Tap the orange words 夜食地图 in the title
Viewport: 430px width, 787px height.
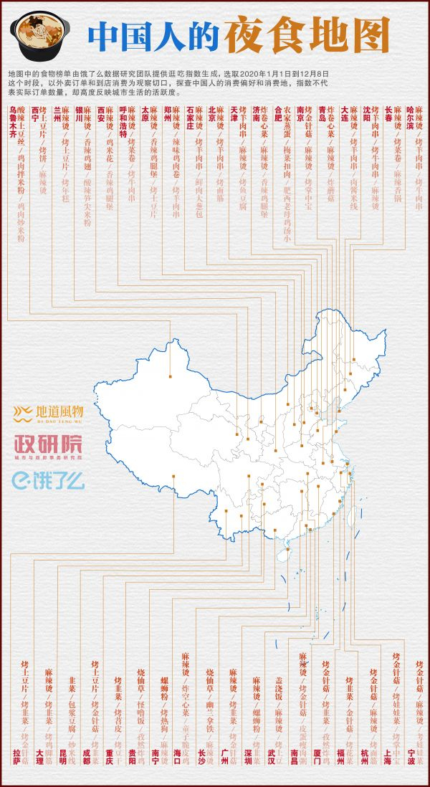[307, 34]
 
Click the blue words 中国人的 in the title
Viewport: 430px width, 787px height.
[154, 34]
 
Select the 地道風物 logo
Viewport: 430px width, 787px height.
[50, 412]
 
